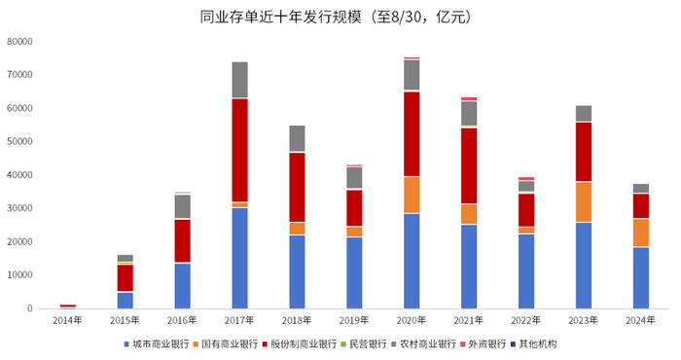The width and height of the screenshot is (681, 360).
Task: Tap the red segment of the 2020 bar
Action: [412, 134]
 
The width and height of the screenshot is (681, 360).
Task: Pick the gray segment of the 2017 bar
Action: [239, 80]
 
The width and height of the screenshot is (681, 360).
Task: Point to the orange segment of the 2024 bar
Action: [640, 233]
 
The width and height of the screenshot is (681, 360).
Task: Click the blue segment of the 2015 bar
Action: [125, 300]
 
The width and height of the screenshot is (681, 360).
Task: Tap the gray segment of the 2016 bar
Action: [182, 206]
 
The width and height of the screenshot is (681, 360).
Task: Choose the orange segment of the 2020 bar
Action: [412, 195]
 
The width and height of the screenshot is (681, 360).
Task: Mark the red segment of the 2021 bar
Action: [469, 165]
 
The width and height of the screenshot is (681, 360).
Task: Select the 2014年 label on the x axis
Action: [67, 319]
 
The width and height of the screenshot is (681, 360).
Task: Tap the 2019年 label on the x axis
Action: [354, 319]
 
